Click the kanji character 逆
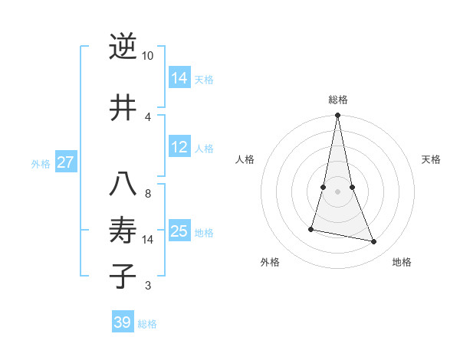(x=123, y=47)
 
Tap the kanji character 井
(x=123, y=107)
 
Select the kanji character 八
(x=123, y=185)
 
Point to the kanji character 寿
(x=123, y=230)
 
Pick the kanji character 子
(x=123, y=276)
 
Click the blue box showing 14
(x=179, y=77)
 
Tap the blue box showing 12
(x=179, y=148)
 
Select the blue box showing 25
(x=179, y=231)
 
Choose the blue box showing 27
(x=66, y=162)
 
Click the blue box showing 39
(x=123, y=322)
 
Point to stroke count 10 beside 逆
(x=147, y=56)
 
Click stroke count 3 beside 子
(x=147, y=286)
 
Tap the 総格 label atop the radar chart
(x=338, y=100)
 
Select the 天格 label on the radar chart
(x=432, y=159)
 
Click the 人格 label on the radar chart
(x=245, y=159)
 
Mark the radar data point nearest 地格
(x=374, y=242)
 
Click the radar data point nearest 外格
(x=311, y=229)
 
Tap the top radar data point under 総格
(x=338, y=116)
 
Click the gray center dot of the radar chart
(x=338, y=191)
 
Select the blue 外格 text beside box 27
(x=41, y=163)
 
